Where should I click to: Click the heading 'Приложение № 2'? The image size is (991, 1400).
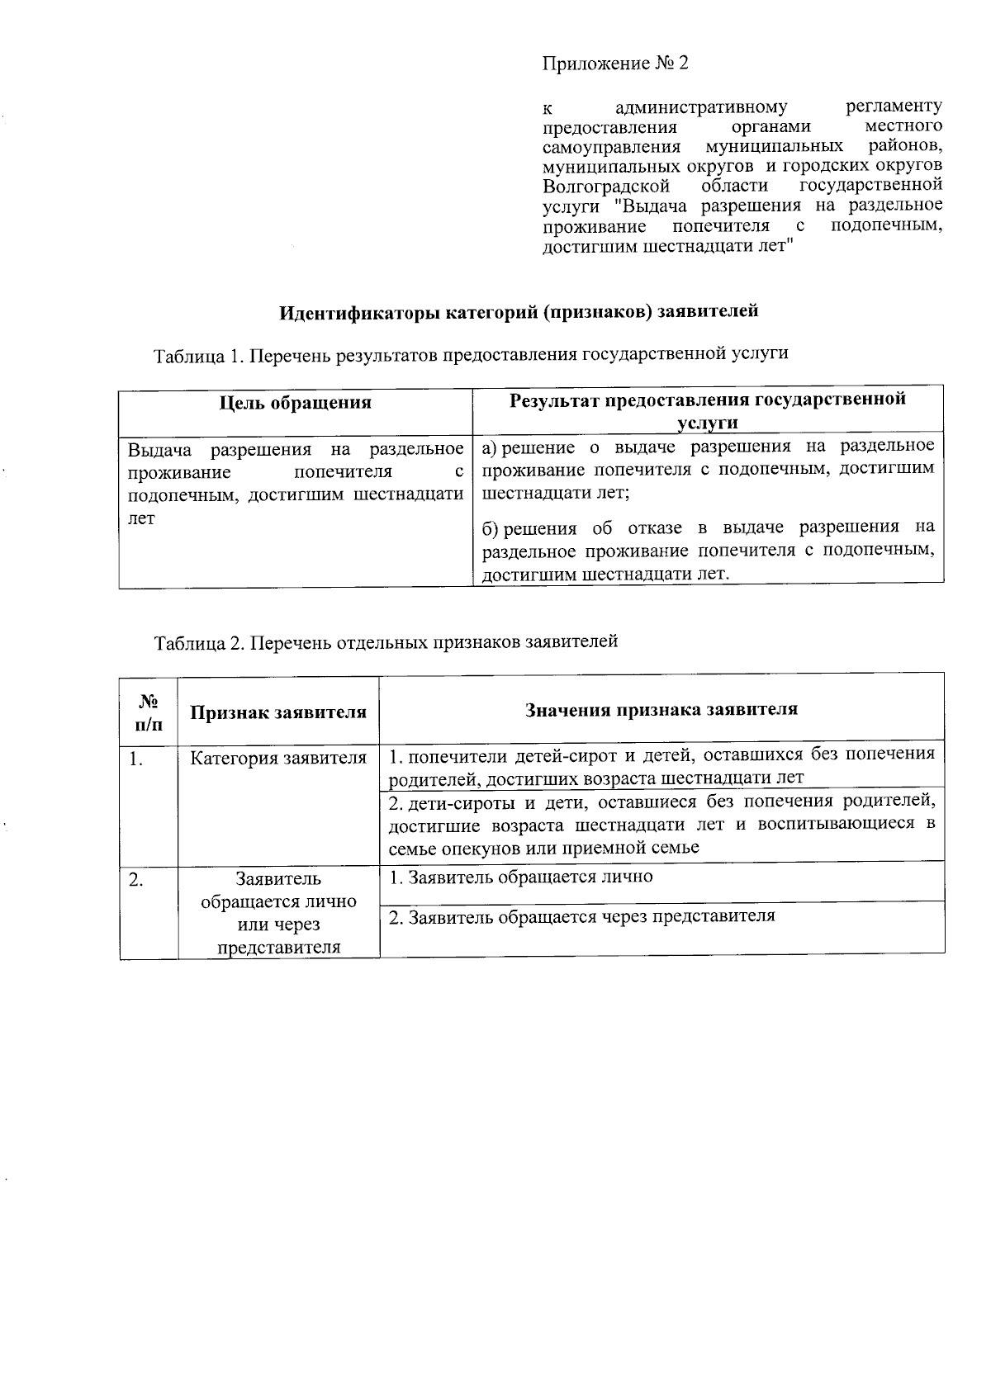point(614,64)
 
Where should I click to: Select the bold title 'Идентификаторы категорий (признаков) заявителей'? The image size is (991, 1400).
point(518,312)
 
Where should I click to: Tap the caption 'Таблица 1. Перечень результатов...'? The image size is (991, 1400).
point(471,354)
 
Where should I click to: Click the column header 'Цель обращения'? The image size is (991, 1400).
point(295,403)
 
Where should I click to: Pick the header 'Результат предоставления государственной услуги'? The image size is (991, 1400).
point(707,410)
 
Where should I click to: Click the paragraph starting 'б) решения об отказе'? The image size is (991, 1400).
point(708,550)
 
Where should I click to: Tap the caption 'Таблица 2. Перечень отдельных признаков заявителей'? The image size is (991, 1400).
point(386,641)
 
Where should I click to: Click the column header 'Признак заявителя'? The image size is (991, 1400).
point(278,712)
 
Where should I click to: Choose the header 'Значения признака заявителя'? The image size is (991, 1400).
point(661,709)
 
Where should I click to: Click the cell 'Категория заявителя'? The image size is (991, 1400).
point(278,758)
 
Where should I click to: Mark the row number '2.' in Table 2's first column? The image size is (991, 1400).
point(136,880)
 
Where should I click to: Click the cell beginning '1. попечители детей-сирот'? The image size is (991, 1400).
point(661,765)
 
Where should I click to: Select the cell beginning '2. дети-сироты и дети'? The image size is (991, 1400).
point(661,824)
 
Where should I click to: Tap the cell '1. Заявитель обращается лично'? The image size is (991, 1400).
point(521,877)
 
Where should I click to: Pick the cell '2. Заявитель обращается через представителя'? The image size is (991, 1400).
point(582,916)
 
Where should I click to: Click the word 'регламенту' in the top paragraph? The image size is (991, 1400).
point(894,106)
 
